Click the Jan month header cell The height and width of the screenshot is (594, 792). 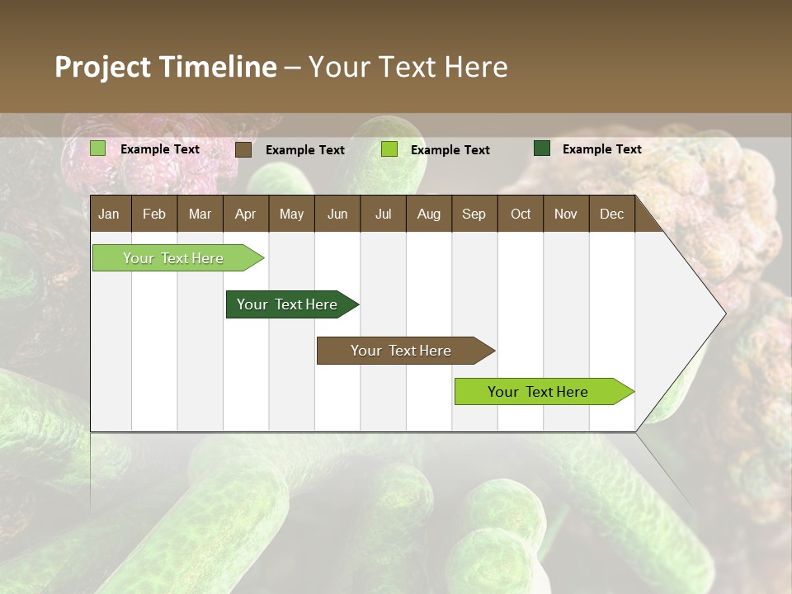(110, 214)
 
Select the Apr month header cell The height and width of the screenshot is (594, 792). (246, 214)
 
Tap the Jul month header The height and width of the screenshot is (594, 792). (383, 214)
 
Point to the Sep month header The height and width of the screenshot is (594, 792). (474, 214)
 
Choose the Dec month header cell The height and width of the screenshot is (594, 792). (611, 214)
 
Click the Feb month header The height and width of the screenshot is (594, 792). (154, 214)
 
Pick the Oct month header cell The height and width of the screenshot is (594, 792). (521, 214)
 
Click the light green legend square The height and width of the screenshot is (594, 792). (98, 148)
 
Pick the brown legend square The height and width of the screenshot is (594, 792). (243, 149)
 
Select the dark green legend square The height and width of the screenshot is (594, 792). (542, 148)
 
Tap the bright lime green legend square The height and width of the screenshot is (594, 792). (389, 149)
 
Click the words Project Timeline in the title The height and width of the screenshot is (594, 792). (166, 67)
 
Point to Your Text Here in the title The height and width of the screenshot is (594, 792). (408, 67)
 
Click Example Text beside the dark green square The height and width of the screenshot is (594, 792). (601, 149)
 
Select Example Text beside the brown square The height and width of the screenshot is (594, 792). (304, 150)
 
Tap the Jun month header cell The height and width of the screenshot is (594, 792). (337, 214)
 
